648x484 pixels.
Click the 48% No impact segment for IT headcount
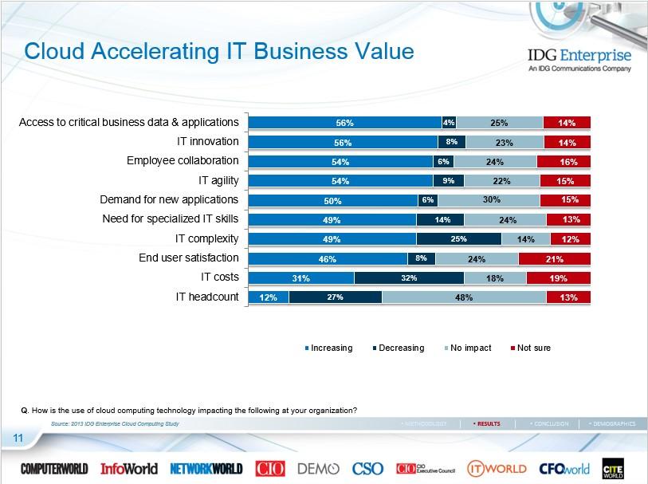coord(464,297)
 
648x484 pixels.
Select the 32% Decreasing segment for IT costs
coord(409,277)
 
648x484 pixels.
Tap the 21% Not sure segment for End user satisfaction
coord(554,258)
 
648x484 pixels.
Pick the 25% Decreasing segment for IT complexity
coord(458,238)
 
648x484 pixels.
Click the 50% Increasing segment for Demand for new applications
coord(333,200)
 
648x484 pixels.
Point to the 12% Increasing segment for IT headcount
coord(269,297)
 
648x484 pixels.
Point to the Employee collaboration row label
coord(183,160)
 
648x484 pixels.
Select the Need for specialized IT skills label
coord(171,218)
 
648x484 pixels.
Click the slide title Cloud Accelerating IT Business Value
coord(219,52)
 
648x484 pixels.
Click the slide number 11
coord(17,438)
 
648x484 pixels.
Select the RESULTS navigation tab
coord(487,423)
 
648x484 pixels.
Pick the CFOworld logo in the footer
coord(564,469)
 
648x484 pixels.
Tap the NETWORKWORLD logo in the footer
coord(206,469)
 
